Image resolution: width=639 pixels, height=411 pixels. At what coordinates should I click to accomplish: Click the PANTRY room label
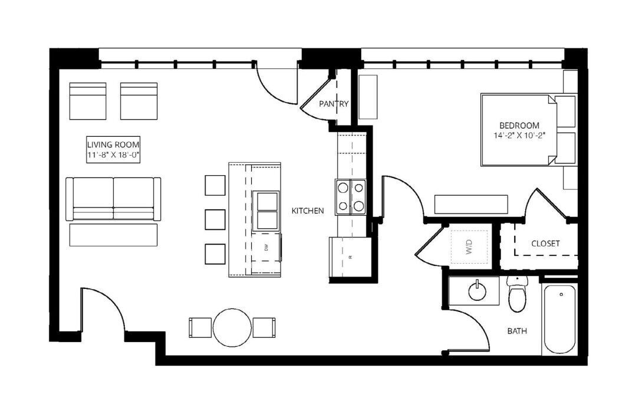(x=334, y=104)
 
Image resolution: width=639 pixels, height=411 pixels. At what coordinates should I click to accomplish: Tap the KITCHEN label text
(x=308, y=211)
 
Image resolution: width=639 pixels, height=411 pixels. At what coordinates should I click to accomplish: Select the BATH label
(x=517, y=331)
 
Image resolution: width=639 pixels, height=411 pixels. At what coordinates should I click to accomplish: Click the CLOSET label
(x=546, y=244)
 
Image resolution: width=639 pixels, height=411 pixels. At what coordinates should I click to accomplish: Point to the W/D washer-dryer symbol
(x=469, y=247)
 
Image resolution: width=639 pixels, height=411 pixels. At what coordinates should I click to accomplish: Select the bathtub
(x=559, y=319)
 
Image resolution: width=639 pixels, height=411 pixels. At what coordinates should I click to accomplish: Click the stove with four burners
(x=351, y=197)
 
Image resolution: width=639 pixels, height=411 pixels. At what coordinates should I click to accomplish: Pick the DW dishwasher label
(x=266, y=247)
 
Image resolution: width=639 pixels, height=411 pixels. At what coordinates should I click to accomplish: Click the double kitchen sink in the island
(x=266, y=211)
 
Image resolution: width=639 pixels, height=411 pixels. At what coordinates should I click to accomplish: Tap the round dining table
(x=232, y=327)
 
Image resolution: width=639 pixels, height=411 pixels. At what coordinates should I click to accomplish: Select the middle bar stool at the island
(x=215, y=220)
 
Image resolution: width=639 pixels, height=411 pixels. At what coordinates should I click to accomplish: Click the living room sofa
(x=113, y=199)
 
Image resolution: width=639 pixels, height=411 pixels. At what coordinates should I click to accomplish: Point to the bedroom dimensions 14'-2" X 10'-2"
(x=519, y=136)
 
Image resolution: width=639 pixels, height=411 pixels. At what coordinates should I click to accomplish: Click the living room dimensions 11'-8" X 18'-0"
(x=113, y=155)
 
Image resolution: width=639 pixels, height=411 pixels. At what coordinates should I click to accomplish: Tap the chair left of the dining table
(x=200, y=328)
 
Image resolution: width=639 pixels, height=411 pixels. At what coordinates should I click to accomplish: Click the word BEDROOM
(x=519, y=126)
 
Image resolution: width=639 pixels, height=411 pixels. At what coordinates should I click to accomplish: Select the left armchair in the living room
(x=88, y=101)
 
